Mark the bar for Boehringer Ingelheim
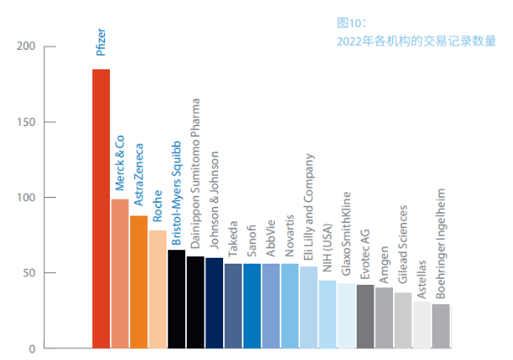440,325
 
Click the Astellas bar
422,325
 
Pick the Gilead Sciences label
402,254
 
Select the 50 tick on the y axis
27,273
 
